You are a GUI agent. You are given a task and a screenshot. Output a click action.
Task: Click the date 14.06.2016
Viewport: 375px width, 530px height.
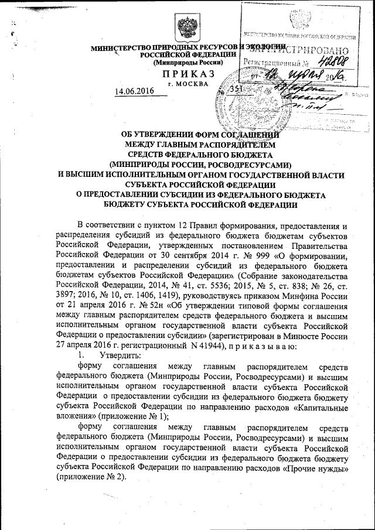134,91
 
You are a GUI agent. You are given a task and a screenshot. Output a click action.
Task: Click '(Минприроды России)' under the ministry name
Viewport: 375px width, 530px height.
187,62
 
